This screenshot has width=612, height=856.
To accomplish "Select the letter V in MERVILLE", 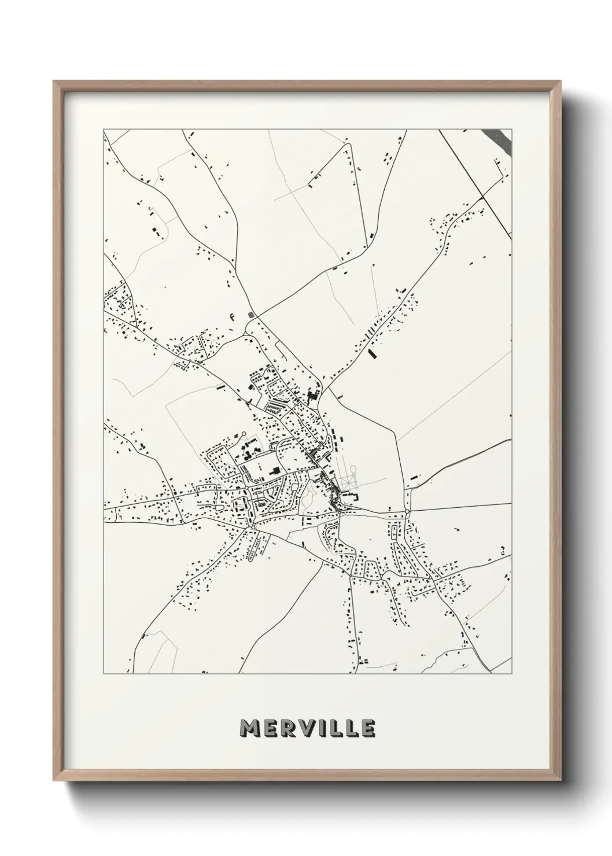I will pyautogui.click(x=307, y=729).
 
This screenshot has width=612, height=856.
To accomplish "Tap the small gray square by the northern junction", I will pyautogui.click(x=251, y=315).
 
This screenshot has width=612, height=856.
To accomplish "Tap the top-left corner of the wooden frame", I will pyautogui.click(x=54, y=82).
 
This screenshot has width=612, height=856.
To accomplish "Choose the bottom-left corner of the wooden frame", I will pyautogui.click(x=54, y=778).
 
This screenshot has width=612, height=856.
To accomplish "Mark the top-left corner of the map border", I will pyautogui.click(x=104, y=130).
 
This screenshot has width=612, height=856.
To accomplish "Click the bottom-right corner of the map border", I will pyautogui.click(x=512, y=674).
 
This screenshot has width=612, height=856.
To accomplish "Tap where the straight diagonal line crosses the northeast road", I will pyautogui.click(x=482, y=198).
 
